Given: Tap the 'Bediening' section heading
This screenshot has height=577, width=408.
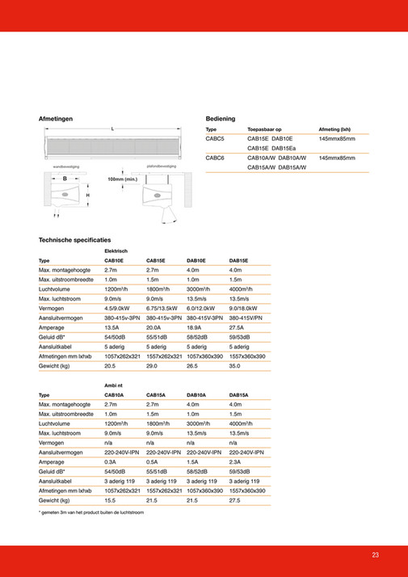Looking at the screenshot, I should click(x=221, y=119).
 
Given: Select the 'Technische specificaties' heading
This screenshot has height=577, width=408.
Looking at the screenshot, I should click(x=75, y=241).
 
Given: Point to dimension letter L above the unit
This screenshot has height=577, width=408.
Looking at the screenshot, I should click(x=112, y=130).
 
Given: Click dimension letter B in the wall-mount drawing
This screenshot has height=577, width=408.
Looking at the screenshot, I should click(x=65, y=177).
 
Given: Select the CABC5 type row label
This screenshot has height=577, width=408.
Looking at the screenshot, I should click(x=216, y=139).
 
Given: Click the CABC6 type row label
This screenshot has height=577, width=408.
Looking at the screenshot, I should click(x=216, y=158).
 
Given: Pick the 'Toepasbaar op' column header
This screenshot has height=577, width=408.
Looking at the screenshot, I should click(x=264, y=129).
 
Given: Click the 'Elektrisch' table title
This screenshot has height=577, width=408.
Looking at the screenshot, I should click(x=116, y=251).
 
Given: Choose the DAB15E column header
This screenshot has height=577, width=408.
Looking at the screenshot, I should click(x=238, y=261).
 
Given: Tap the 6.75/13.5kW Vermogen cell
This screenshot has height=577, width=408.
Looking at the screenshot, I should click(x=162, y=308).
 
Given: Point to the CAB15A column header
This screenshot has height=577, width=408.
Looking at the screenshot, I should click(x=156, y=395).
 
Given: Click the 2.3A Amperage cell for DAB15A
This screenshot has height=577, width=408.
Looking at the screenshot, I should click(x=236, y=461).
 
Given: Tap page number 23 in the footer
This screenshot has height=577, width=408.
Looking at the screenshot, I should click(x=376, y=554).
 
